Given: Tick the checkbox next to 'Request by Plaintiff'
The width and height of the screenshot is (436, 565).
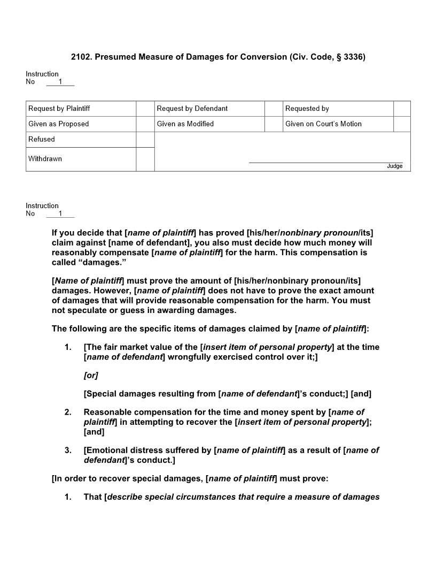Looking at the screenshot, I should (145, 109).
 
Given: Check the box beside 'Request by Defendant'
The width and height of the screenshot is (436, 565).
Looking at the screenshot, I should (274, 109).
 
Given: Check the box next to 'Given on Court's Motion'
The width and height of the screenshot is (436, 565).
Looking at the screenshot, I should (402, 124).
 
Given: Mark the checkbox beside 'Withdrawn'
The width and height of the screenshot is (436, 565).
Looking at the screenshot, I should (145, 159).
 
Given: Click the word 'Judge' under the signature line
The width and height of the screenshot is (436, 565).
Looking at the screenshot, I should (394, 166).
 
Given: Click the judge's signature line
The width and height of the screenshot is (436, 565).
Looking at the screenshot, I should (326, 162).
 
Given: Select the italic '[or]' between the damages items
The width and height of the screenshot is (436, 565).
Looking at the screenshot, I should (91, 376).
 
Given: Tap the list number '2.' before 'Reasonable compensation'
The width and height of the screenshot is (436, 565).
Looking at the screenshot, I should (68, 412).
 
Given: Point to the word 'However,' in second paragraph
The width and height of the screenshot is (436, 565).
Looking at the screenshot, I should (113, 291).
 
